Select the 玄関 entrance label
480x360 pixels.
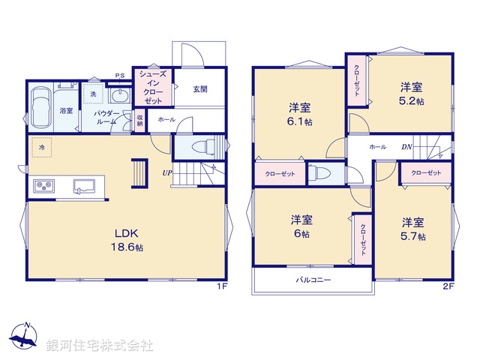tap(199, 89)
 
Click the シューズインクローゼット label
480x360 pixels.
tap(153, 86)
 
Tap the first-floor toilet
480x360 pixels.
tap(203, 145)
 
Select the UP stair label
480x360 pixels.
tap(168, 174)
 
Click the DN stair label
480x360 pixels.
tap(406, 147)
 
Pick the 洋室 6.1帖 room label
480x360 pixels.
tap(298, 113)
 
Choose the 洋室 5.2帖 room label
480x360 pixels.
tap(411, 94)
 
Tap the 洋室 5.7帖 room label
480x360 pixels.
tap(412, 229)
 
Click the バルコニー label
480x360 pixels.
tap(312, 280)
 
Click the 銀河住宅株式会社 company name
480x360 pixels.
tap(100, 346)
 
